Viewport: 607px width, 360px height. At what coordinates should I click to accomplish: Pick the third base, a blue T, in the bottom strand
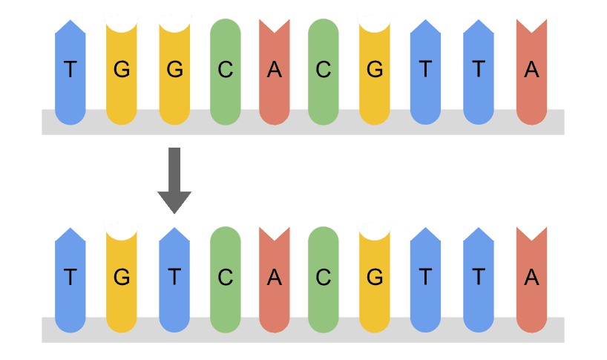(174, 278)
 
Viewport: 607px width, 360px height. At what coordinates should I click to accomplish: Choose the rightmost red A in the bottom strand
(531, 278)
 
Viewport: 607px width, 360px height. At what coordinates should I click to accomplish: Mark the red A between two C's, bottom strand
(275, 278)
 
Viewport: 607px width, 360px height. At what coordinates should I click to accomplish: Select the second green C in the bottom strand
(323, 278)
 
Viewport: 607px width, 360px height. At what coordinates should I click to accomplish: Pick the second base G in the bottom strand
(122, 278)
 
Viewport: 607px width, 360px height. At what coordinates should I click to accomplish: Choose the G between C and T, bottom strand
(375, 278)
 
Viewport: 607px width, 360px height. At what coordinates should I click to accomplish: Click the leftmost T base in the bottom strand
(70, 278)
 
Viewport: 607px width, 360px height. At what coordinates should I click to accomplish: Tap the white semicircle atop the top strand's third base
(174, 23)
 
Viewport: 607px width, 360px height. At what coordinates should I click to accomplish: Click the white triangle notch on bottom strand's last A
(531, 232)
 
